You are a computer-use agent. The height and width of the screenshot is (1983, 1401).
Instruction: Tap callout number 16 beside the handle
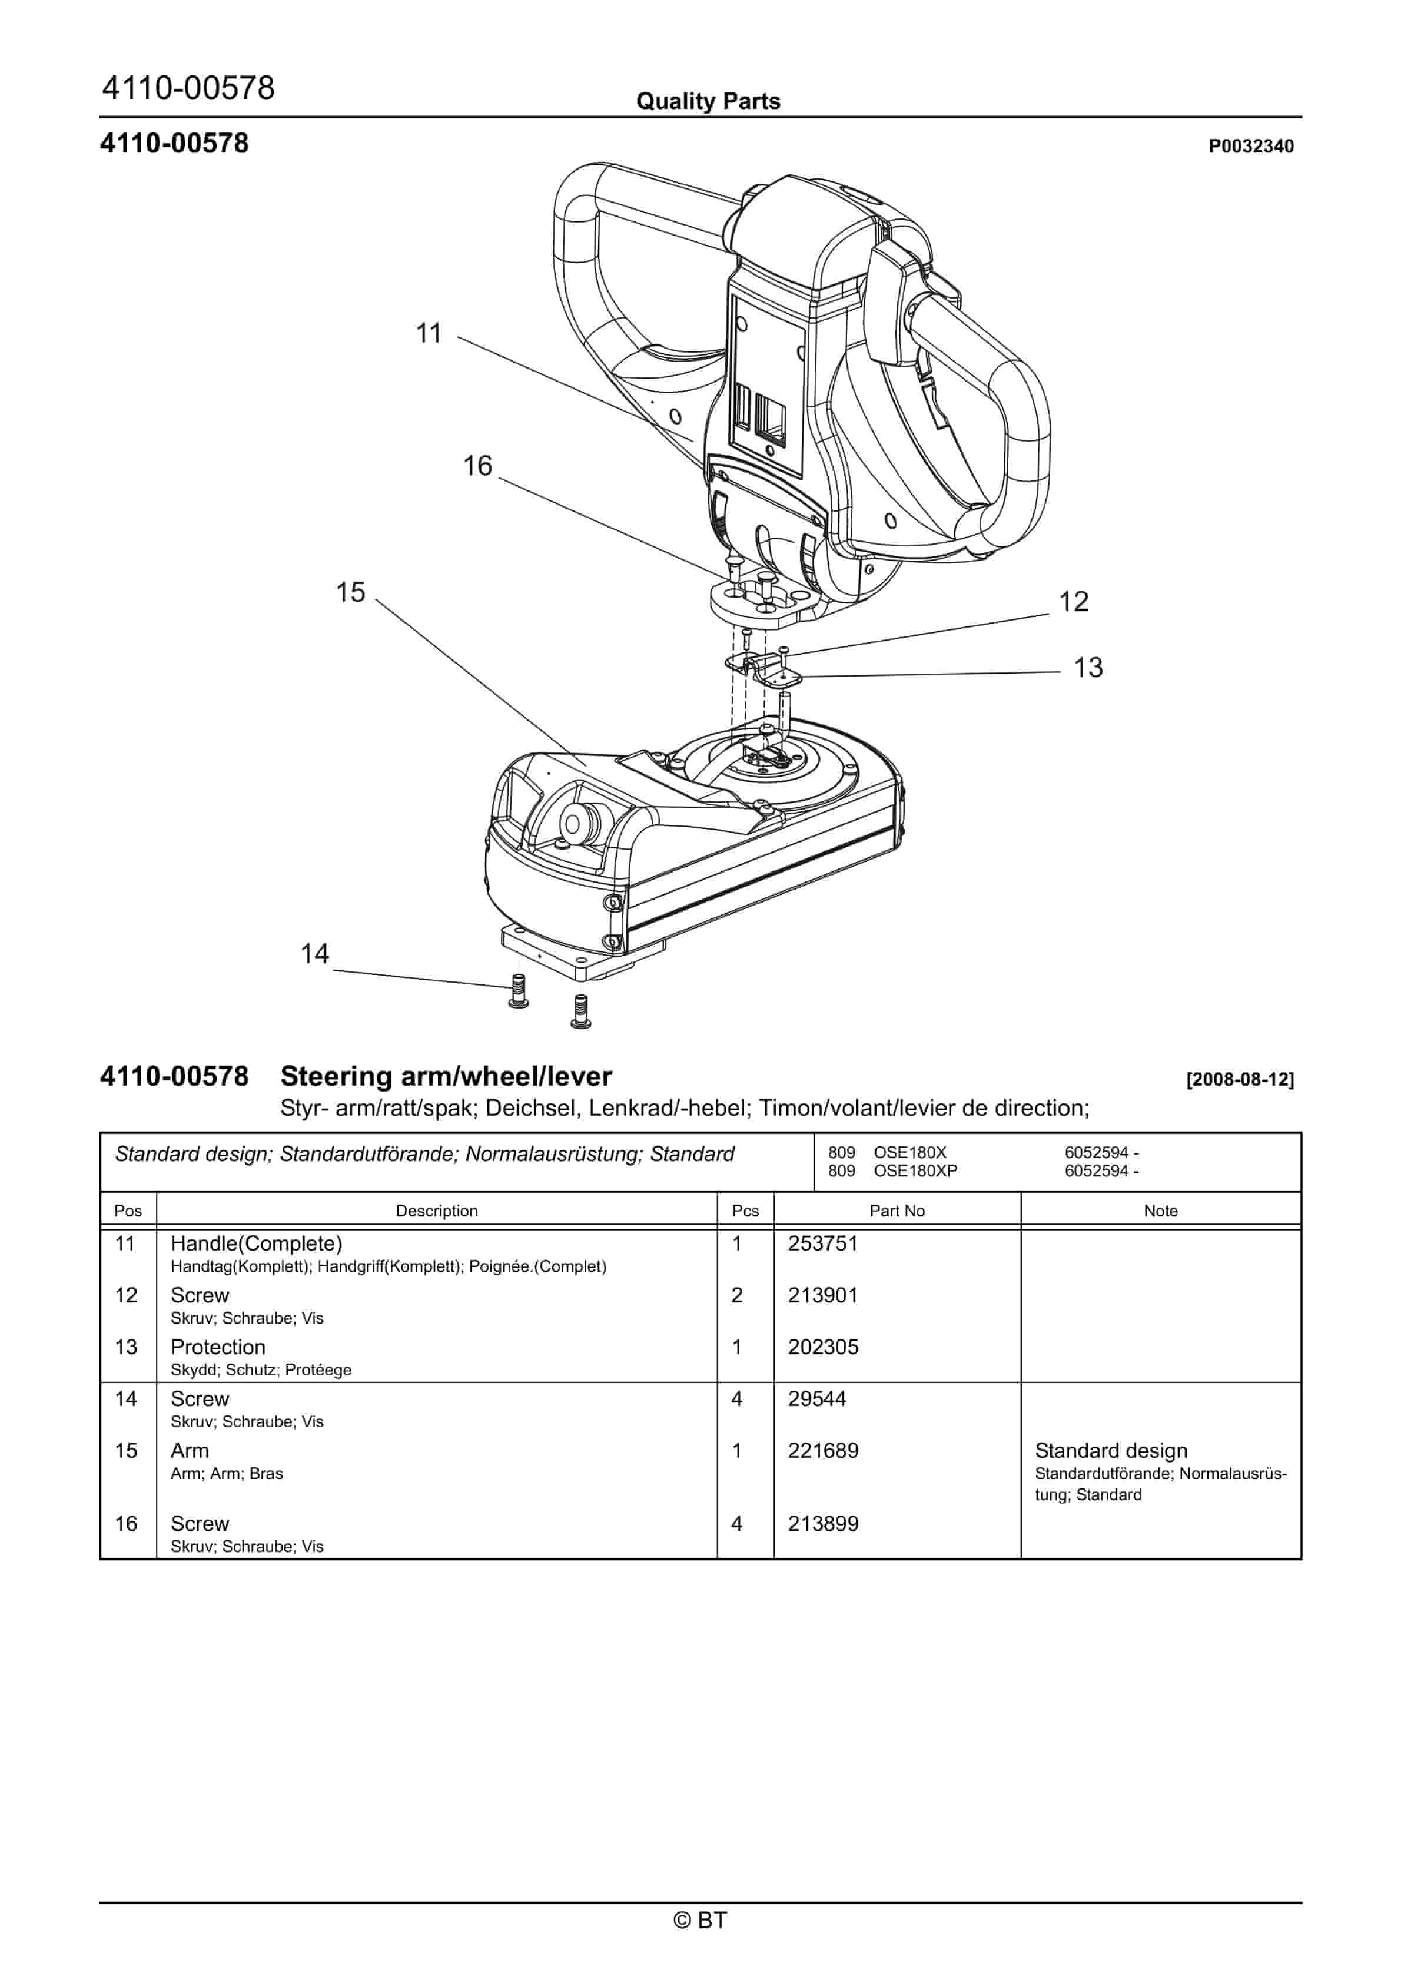[477, 466]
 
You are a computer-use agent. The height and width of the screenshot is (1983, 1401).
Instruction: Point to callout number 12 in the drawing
[1074, 602]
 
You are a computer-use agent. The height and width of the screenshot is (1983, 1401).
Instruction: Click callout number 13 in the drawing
[1087, 668]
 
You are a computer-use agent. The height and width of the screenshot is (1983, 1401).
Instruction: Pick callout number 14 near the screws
[314, 954]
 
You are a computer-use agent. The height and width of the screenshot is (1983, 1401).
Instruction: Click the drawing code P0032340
[1250, 147]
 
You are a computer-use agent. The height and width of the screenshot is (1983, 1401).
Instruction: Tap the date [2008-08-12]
[1240, 1080]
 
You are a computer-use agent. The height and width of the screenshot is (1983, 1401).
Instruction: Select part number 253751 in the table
[822, 1243]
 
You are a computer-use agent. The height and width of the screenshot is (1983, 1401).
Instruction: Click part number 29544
[816, 1399]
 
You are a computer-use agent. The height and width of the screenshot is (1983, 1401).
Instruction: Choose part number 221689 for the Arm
[822, 1451]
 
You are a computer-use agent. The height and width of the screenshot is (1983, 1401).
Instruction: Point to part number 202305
[822, 1347]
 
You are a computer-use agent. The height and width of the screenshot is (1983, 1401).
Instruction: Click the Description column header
[436, 1211]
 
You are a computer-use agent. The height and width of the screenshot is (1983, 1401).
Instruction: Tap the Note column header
[1160, 1211]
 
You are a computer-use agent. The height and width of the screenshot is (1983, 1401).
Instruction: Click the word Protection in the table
[218, 1347]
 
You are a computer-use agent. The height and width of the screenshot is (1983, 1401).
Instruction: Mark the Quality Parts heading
[708, 102]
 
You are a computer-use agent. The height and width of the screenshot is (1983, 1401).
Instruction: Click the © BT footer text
[700, 1920]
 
